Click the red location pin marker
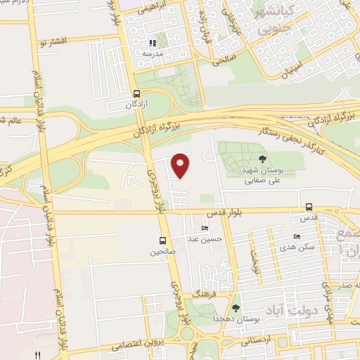[x=181, y=165]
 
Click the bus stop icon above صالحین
[x=163, y=240]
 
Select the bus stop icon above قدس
[x=309, y=207]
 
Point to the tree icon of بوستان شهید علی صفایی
[x=263, y=158]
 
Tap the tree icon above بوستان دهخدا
[x=236, y=307]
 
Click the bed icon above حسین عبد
[x=205, y=229]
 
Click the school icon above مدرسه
[x=153, y=42]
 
